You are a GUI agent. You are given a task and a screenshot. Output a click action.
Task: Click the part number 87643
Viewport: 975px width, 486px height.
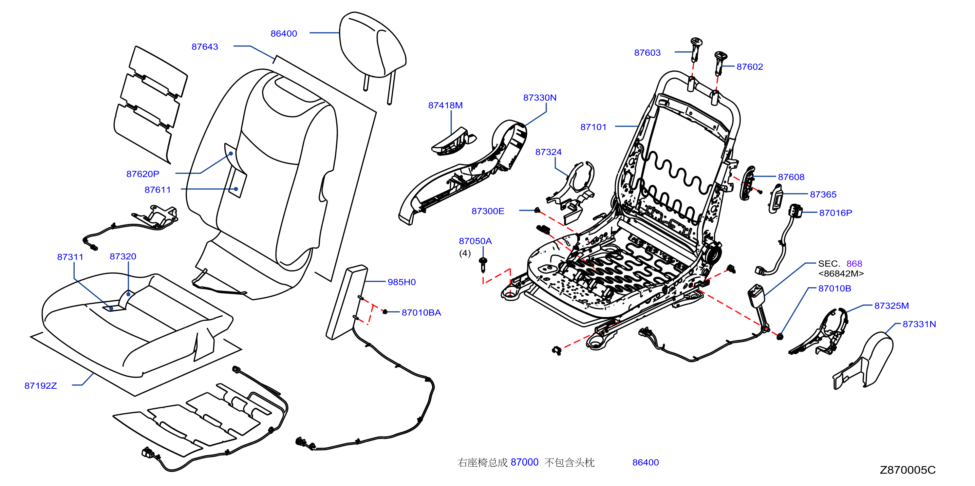coord(205,47)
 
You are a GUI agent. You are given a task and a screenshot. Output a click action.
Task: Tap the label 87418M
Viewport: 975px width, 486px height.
coord(445,105)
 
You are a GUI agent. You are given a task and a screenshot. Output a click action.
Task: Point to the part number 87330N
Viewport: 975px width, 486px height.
coord(540,98)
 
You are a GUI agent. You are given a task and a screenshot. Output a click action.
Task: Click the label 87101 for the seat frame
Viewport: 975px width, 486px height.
coord(593,127)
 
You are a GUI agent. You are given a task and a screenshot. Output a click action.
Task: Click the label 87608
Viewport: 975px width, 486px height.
coord(791,177)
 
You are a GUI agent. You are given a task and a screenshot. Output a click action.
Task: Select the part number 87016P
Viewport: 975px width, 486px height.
coord(836,213)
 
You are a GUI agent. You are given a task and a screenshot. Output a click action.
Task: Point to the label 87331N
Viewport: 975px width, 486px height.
coord(919,324)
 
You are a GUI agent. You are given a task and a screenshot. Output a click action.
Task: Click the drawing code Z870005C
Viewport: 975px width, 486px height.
coord(907,470)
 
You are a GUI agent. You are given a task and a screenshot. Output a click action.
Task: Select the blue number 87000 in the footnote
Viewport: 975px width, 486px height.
coord(525,462)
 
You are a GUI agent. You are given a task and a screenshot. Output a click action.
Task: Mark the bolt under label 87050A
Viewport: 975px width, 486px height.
coord(483,265)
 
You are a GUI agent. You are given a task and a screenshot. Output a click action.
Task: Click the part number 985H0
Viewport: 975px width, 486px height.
coord(402,282)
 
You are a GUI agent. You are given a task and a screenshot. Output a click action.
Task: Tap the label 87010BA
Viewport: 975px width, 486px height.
coord(421,313)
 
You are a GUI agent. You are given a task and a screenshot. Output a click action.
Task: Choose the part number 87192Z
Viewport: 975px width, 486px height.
coord(41,386)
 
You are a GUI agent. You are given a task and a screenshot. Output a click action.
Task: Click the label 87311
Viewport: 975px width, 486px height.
coord(70,257)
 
